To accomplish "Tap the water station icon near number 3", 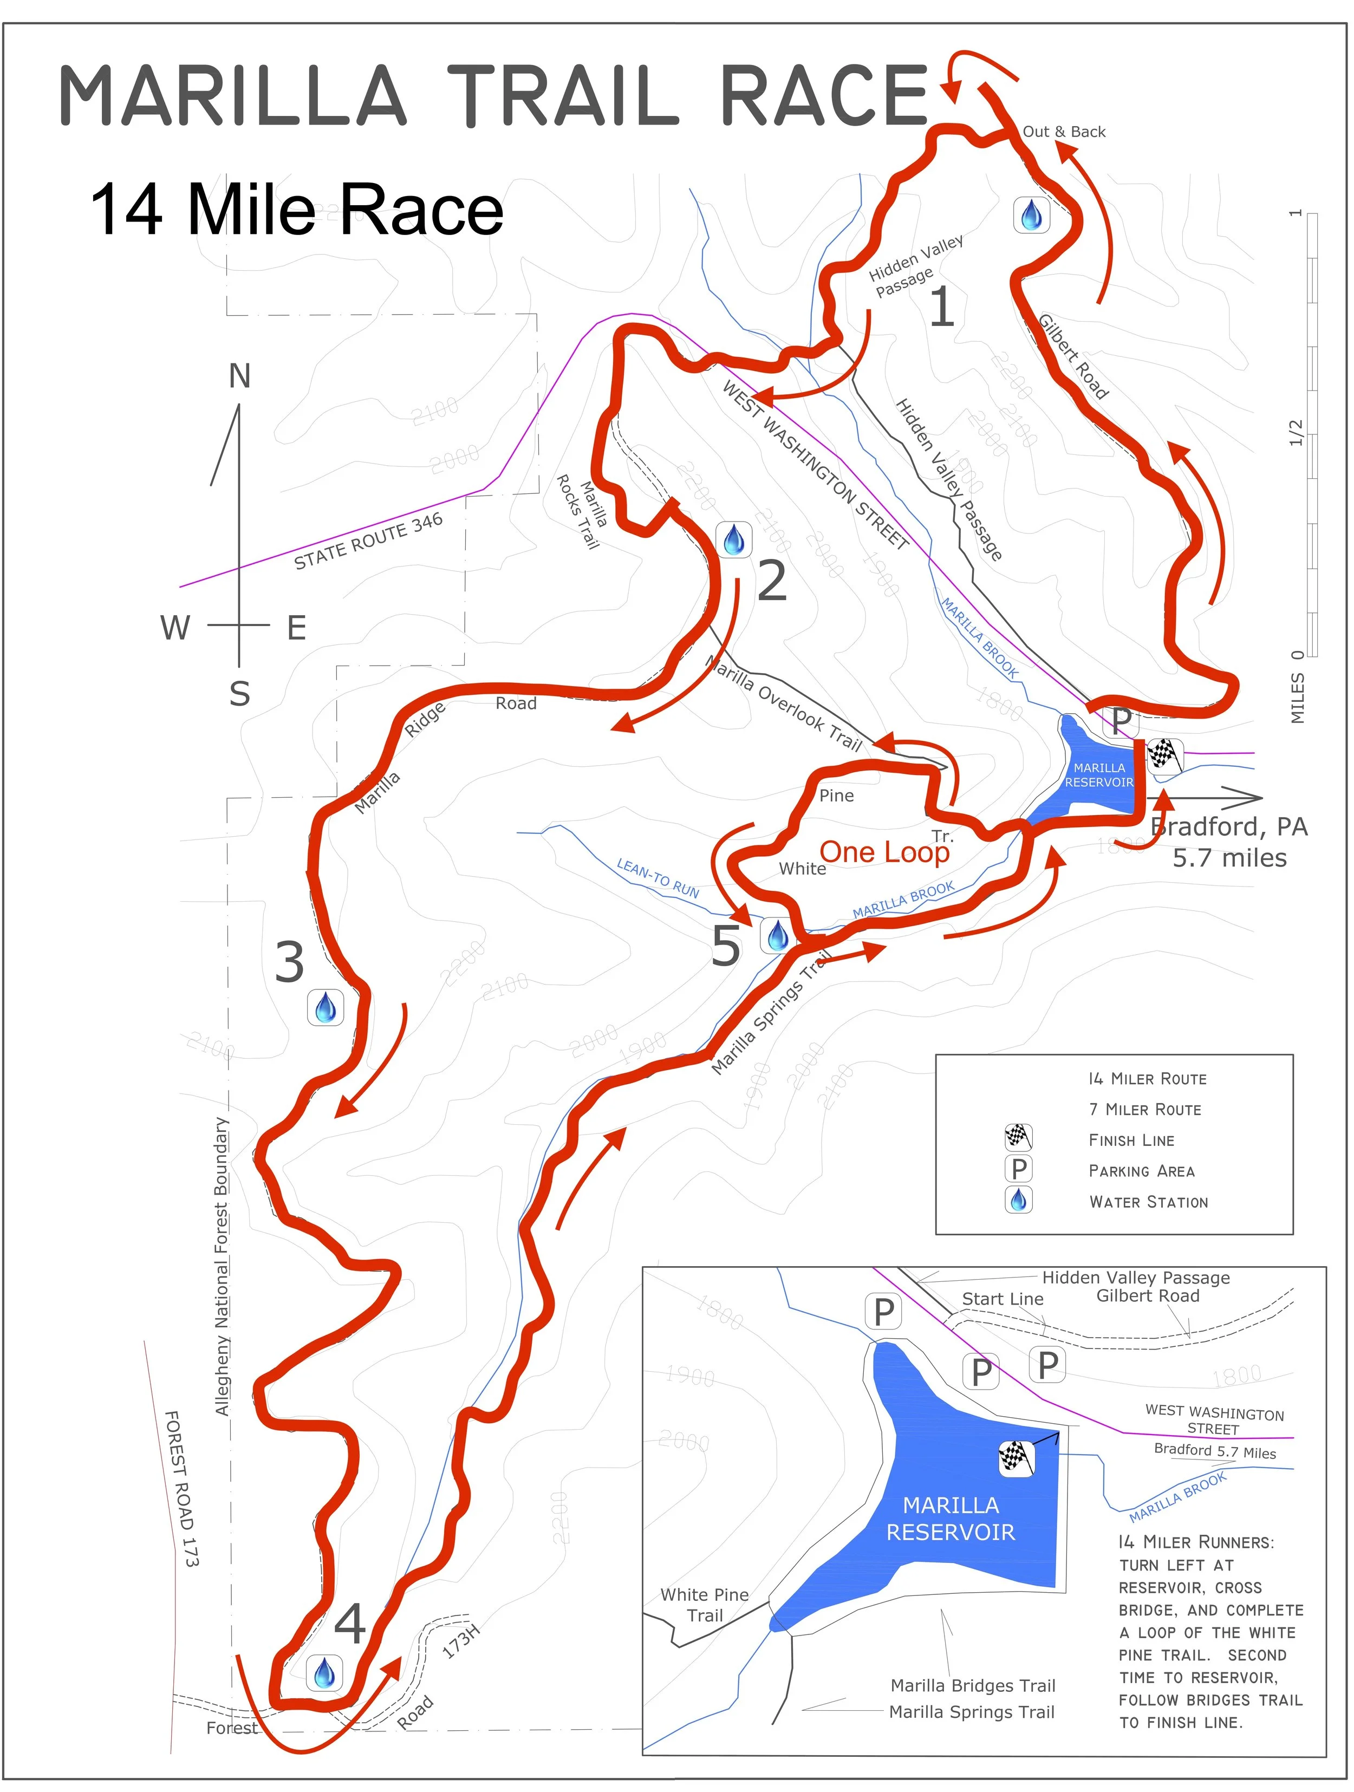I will [326, 1008].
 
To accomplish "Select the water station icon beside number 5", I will [777, 936].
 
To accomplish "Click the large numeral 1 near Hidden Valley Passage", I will [941, 308].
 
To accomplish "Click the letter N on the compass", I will [239, 376].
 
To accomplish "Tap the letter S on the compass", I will [239, 694].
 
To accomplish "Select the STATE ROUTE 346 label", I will [369, 540].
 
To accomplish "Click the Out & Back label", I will [1063, 131].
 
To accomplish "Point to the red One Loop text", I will [884, 852].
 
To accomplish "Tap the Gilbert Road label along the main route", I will [1073, 356].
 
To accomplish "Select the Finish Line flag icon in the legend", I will [1019, 1137].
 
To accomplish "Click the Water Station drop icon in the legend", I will [1019, 1200].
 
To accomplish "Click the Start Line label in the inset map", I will [1003, 1299].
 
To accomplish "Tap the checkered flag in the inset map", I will [1016, 1458].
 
